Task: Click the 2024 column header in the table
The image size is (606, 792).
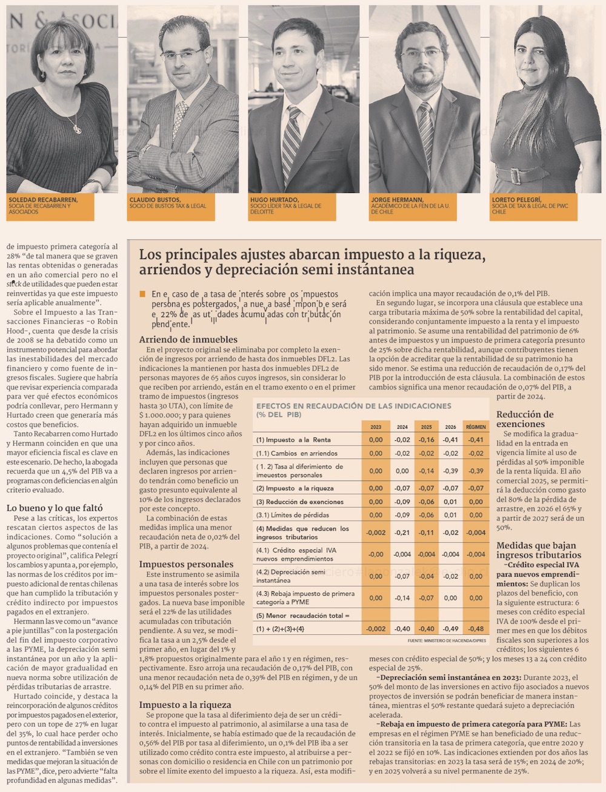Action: click(x=402, y=427)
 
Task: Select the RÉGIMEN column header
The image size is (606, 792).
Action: click(x=476, y=427)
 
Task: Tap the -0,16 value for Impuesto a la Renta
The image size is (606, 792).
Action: click(x=426, y=440)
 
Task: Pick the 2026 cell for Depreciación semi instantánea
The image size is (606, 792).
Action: click(x=450, y=576)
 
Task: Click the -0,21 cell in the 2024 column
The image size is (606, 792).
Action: click(x=402, y=532)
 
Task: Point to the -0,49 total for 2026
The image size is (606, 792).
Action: click(x=450, y=629)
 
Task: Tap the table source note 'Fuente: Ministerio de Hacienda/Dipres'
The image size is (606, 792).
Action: click(x=447, y=640)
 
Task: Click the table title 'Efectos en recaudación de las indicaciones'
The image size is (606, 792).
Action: click(x=354, y=406)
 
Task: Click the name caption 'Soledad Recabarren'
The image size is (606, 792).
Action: click(x=43, y=198)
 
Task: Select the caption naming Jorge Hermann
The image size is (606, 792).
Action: click(x=397, y=200)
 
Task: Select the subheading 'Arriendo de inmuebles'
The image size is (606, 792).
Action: click(x=188, y=340)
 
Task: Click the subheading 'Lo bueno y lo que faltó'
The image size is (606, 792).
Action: click(x=55, y=508)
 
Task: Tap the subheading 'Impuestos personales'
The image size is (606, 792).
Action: click(x=186, y=564)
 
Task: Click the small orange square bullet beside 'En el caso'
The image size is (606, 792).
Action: click(x=142, y=294)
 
